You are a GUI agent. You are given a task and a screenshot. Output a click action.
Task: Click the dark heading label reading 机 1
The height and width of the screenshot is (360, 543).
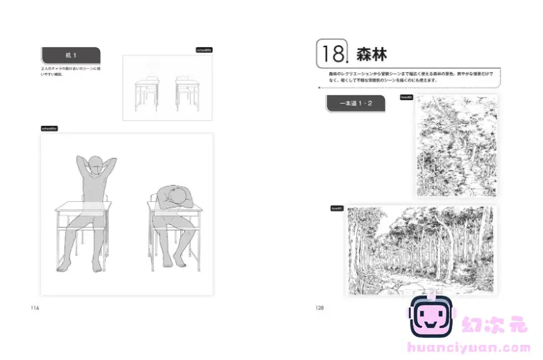[x=70, y=55]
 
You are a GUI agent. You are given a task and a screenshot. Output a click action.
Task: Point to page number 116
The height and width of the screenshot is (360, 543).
[x=34, y=308]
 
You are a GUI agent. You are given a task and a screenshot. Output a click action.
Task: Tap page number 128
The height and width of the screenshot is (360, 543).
[x=320, y=308]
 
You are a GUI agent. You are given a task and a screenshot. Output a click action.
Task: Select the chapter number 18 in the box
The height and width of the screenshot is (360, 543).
[x=331, y=54]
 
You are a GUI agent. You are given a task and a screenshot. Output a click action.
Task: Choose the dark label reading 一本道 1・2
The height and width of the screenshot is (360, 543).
[x=355, y=104]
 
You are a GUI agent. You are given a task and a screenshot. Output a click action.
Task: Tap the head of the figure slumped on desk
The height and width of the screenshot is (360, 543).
[x=172, y=195]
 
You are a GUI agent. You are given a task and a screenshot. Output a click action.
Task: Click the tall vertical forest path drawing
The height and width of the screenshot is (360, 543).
[x=455, y=145]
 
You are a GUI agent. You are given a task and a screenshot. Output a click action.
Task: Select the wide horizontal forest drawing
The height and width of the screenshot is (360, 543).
[x=419, y=250]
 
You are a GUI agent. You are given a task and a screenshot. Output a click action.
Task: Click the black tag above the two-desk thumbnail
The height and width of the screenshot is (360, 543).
[x=204, y=50]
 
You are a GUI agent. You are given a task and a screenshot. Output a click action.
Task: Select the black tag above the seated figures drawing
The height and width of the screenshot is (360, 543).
[x=49, y=128]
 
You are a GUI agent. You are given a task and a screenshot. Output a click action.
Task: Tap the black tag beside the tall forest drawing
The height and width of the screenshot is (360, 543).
[x=406, y=97]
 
